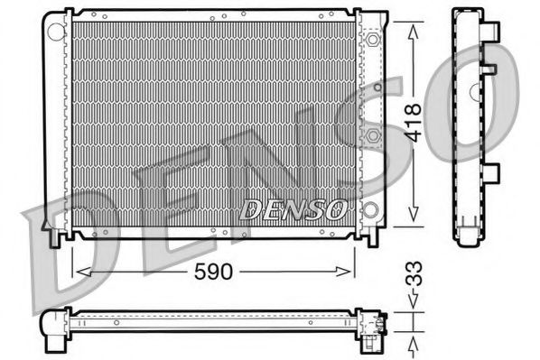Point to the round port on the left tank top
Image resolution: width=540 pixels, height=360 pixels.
pos(56,32)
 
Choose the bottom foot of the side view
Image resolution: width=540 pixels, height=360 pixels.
pos(470,237)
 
